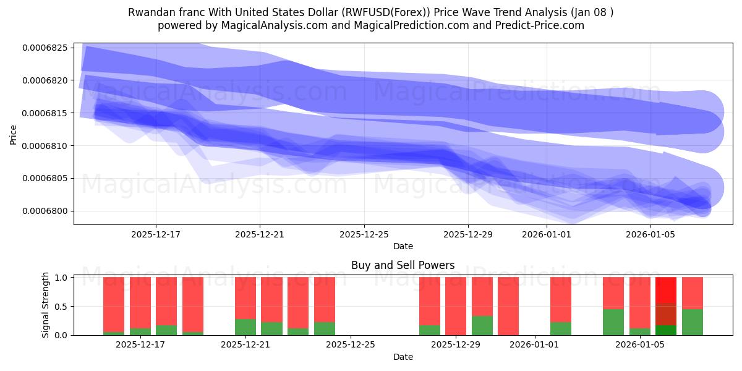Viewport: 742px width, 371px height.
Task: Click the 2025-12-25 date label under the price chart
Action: tap(364, 234)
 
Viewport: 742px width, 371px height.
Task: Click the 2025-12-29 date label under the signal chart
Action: tap(455, 345)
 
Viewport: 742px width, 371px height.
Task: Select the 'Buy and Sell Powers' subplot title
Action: tap(403, 265)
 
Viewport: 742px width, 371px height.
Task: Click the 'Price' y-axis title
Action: tap(14, 134)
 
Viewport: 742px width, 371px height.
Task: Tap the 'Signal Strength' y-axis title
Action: tap(46, 305)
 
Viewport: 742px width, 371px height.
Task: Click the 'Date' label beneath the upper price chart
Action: tap(403, 247)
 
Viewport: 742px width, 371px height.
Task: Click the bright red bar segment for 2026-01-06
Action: tap(666, 289)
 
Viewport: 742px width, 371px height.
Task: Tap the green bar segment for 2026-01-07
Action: tap(692, 322)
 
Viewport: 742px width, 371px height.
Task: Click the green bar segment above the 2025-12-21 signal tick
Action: tap(245, 327)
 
